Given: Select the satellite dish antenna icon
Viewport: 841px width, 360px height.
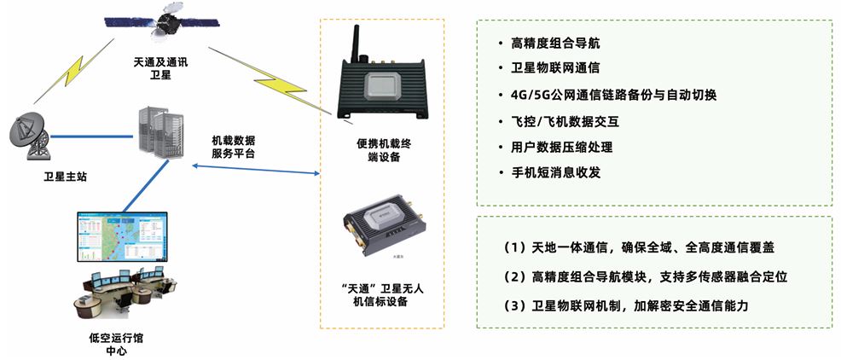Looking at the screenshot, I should tap(32, 136).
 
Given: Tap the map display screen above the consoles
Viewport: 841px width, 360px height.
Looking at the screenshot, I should tap(121, 236).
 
